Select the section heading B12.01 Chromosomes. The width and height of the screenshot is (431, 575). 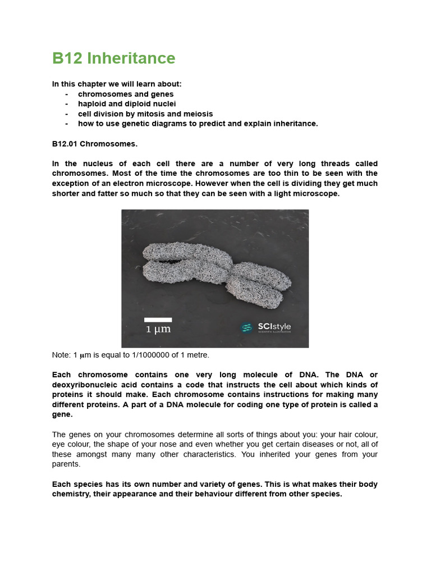[x=95, y=144]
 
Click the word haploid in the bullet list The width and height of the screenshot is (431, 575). [x=92, y=104]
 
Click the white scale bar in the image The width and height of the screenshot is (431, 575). [x=158, y=320]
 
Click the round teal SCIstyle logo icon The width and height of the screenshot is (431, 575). [x=246, y=327]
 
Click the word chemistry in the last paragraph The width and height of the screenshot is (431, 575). [x=72, y=494]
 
